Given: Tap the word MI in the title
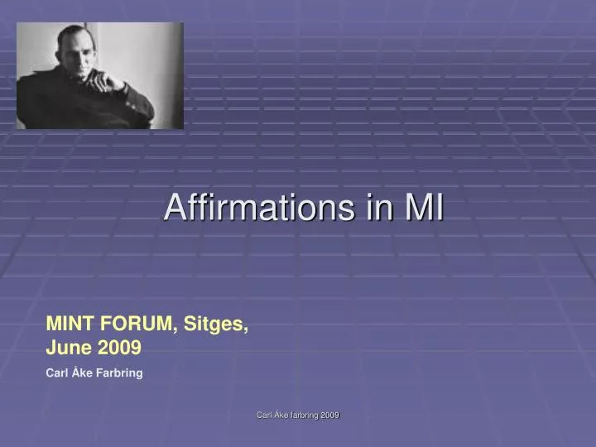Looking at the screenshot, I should (x=424, y=207).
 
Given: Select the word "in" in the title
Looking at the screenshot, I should (x=378, y=207).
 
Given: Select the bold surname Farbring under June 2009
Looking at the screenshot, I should (x=120, y=373).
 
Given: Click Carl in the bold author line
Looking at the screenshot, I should (x=56, y=373).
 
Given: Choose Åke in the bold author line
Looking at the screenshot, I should (x=82, y=373).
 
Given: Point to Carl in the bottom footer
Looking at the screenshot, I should (x=264, y=415).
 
